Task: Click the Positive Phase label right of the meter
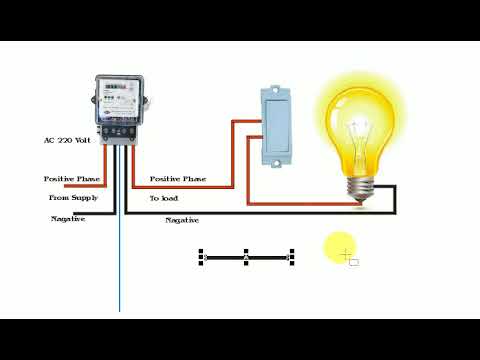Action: [178, 178]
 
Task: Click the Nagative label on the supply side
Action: [68, 218]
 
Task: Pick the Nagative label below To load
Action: [181, 219]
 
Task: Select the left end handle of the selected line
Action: [202, 257]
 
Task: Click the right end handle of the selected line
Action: [292, 257]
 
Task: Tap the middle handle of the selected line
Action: [246, 257]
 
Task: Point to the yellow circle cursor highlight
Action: [339, 247]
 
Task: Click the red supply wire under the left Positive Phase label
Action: [75, 186]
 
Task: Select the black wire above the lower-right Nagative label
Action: [260, 213]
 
